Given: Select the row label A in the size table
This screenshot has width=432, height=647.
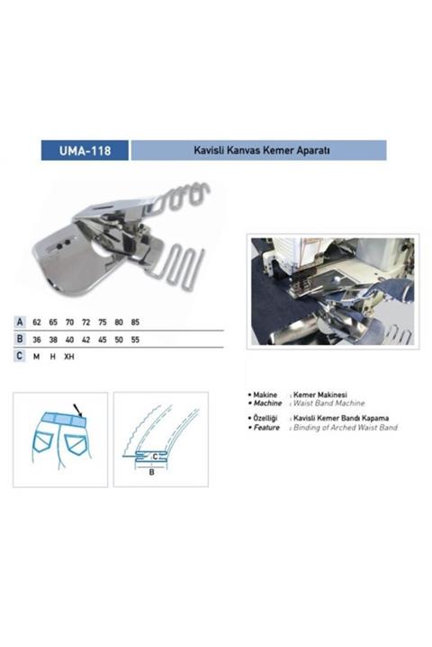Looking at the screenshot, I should (x=20, y=321).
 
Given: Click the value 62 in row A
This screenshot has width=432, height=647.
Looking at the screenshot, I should (x=37, y=321).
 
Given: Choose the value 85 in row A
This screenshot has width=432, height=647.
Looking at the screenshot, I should (x=135, y=321).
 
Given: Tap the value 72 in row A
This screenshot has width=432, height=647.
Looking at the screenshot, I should (x=85, y=321).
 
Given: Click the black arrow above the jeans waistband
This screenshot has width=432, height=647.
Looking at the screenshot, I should (x=77, y=408).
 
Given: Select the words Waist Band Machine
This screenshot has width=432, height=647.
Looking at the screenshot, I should (x=325, y=403).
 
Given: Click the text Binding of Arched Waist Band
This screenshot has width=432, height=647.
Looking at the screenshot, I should (x=345, y=428).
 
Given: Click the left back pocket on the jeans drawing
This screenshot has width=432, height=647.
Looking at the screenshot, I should (x=43, y=441).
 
